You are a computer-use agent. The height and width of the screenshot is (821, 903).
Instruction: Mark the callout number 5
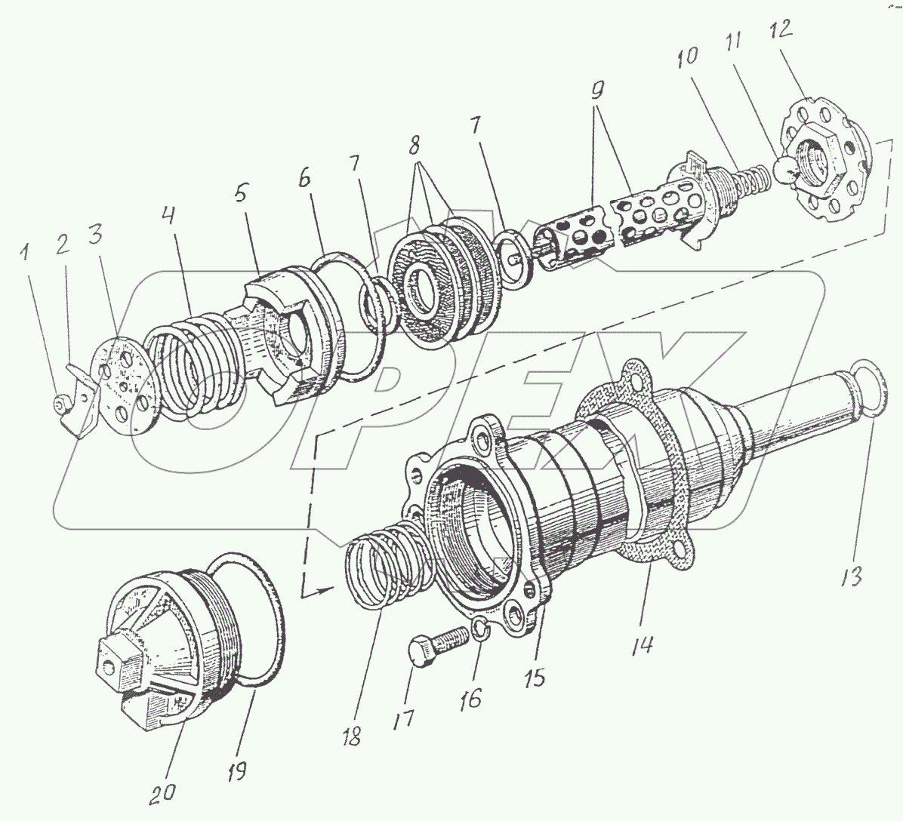point(240,194)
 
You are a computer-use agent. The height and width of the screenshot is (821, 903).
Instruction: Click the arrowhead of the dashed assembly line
point(326,586)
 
